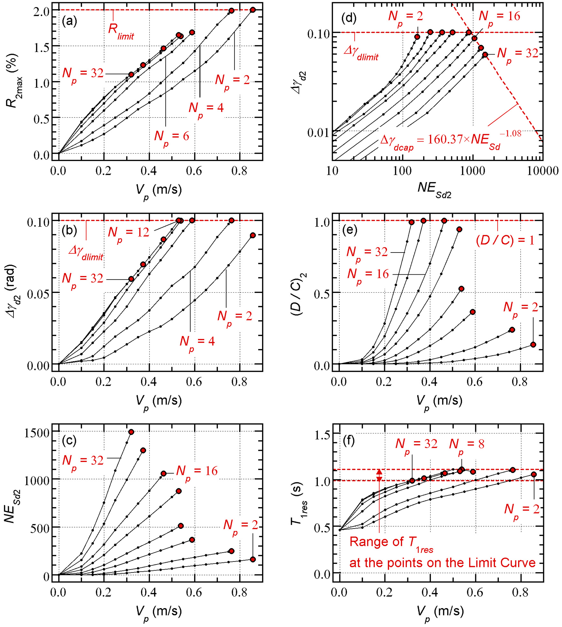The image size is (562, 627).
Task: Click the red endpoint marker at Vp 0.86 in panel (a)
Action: click(x=253, y=10)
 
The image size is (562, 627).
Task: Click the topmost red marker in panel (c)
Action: click(x=131, y=432)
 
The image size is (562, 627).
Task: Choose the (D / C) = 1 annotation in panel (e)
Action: click(x=505, y=240)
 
